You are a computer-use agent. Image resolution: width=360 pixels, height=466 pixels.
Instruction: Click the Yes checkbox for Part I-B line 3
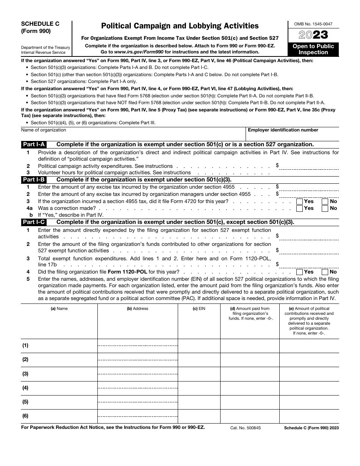(x=299, y=202)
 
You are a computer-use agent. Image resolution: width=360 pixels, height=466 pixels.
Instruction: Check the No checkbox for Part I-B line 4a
(x=325, y=208)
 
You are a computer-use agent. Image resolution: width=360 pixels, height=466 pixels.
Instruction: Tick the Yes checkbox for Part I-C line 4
(x=299, y=272)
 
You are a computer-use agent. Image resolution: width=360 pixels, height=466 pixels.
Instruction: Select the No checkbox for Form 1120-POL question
(x=325, y=272)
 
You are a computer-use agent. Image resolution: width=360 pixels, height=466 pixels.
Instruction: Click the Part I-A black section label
(x=34, y=144)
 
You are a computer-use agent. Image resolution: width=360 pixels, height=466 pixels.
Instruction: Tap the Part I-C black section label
(x=34, y=222)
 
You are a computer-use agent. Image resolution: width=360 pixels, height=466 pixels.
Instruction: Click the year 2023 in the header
(x=313, y=35)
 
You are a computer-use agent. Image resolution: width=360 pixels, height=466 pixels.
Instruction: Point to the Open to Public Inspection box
(x=313, y=49)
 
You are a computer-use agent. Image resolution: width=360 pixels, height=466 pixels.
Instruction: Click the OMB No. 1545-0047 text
(x=313, y=24)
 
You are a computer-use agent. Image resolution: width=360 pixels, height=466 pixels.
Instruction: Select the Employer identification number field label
(x=283, y=130)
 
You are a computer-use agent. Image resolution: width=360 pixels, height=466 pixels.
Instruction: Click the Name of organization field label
(x=44, y=130)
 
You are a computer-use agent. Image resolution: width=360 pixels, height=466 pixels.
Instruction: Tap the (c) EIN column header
(x=199, y=309)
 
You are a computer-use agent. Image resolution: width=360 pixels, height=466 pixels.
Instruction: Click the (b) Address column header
(x=138, y=309)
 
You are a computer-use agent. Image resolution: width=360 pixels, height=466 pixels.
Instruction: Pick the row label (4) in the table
(x=25, y=388)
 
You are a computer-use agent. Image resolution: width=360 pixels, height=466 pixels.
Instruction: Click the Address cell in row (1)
(x=138, y=346)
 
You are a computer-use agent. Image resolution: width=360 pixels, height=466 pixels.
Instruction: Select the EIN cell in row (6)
(x=199, y=416)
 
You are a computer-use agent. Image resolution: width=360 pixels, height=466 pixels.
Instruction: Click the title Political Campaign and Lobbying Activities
(x=180, y=26)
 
